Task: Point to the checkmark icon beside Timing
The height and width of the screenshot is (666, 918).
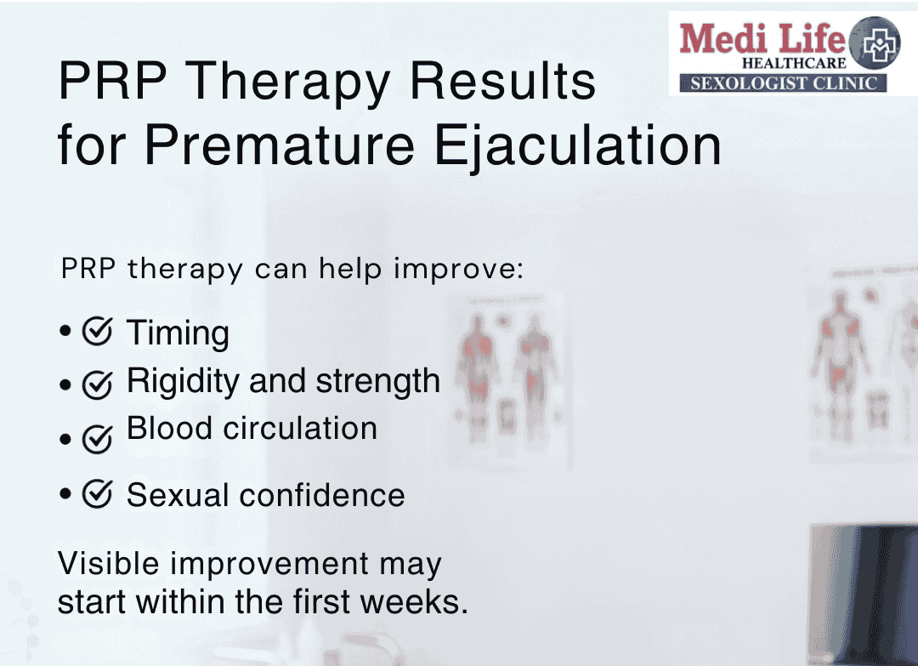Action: [98, 332]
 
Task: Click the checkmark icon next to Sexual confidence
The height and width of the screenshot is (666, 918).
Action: [98, 494]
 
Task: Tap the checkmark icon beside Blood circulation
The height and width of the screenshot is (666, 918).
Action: [98, 440]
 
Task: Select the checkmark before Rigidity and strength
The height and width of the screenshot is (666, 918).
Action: [98, 386]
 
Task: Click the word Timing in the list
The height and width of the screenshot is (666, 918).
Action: [178, 333]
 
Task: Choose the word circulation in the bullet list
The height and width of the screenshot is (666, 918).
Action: [300, 428]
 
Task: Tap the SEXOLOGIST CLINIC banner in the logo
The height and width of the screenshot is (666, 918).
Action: [782, 83]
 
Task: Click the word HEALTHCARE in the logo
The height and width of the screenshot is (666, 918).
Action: [794, 64]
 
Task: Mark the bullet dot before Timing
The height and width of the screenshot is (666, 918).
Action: [65, 332]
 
